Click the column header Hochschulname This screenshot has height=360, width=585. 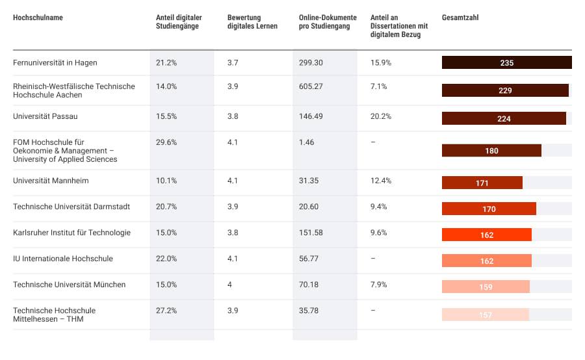tap(38, 18)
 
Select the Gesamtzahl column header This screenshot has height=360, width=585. tap(460, 18)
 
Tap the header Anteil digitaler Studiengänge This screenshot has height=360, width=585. tap(177, 22)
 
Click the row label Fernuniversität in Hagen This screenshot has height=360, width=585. tap(55, 62)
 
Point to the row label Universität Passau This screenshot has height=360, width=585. tap(45, 116)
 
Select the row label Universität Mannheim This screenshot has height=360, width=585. tap(51, 181)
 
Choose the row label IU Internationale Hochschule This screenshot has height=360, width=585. tap(63, 259)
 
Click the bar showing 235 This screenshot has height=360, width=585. tap(506, 63)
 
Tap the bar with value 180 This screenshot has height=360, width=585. tap(491, 151)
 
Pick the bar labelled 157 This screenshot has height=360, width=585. tap(486, 315)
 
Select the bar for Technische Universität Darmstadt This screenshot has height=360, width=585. tap(489, 209)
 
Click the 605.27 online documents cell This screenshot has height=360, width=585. tap(311, 86)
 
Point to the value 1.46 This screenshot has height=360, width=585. tap(307, 142)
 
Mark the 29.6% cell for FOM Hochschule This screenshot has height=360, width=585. tap(166, 142)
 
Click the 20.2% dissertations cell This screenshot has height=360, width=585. tap(380, 116)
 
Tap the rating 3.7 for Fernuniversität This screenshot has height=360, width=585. tap(233, 62)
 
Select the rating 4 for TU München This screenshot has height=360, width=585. tap(230, 285)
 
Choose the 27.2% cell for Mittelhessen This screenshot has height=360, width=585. tap(166, 311)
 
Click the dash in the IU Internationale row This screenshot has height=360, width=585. tap(372, 259)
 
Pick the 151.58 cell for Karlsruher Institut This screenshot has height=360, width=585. tap(311, 233)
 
